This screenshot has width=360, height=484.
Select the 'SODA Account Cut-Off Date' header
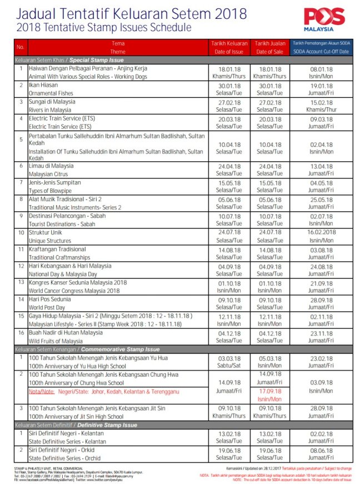click(321, 52)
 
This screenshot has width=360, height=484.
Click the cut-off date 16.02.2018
click(321, 232)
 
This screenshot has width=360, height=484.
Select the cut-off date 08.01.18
click(321, 69)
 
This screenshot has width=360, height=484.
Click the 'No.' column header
click(21, 47)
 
